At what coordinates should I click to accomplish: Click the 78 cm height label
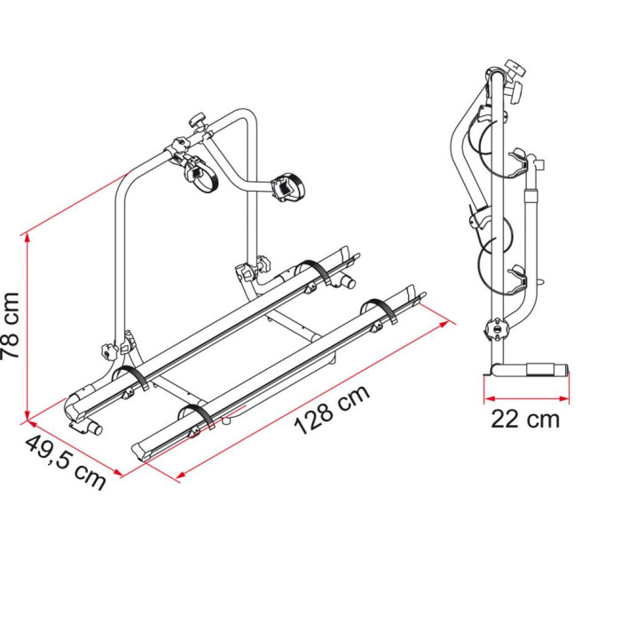pos(11,326)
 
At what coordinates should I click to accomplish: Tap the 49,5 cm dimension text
pos(66,462)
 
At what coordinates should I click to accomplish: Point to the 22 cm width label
pos(525,419)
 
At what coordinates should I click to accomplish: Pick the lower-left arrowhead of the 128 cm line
pos(182,475)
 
